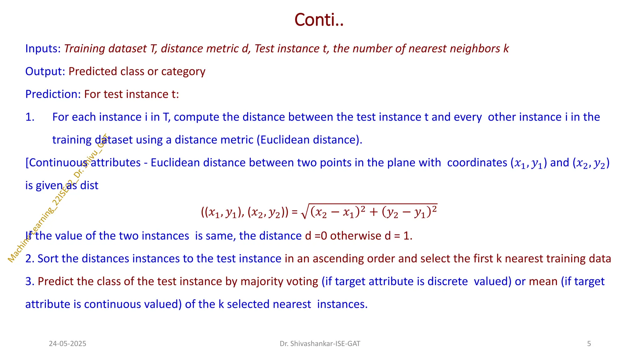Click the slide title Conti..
pyautogui.click(x=319, y=20)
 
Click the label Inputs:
pyautogui.click(x=43, y=49)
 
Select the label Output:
pyautogui.click(x=45, y=72)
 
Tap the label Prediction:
pyautogui.click(x=53, y=94)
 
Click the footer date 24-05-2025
pyautogui.click(x=67, y=344)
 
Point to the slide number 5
pyautogui.click(x=589, y=344)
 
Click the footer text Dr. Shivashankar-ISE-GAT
pyautogui.click(x=320, y=344)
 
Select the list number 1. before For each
pyautogui.click(x=30, y=117)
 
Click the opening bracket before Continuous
pyautogui.click(x=27, y=163)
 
